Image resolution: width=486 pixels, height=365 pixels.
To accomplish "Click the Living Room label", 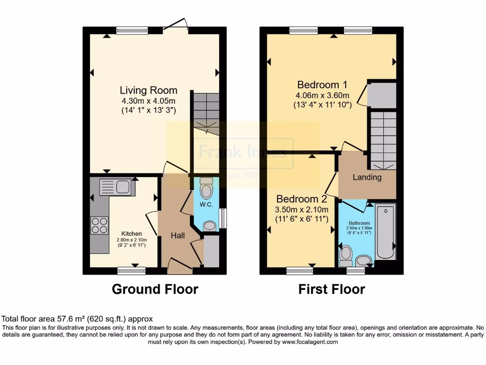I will [148, 90].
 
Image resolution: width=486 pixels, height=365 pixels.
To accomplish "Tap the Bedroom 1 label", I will [322, 85].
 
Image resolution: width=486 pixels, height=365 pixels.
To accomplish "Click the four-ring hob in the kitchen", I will [100, 225].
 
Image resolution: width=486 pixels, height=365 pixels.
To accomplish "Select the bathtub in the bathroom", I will [385, 231].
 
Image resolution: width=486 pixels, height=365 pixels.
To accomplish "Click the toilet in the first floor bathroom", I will [346, 255].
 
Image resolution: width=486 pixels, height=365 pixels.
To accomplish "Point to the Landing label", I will [367, 177].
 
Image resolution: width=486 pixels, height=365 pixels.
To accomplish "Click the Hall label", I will [178, 235].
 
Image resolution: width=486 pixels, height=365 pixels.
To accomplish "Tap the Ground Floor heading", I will [155, 289].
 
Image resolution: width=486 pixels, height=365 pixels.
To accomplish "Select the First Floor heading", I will [332, 289].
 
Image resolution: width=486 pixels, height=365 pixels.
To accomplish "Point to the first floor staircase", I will [383, 139].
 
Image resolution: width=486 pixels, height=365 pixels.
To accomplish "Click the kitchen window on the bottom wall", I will [131, 270].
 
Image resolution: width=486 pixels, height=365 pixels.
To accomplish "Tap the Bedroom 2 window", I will [299, 271].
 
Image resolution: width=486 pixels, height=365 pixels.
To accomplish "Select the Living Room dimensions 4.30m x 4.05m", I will [148, 101].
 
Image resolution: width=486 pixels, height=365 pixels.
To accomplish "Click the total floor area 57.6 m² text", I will [77, 319].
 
